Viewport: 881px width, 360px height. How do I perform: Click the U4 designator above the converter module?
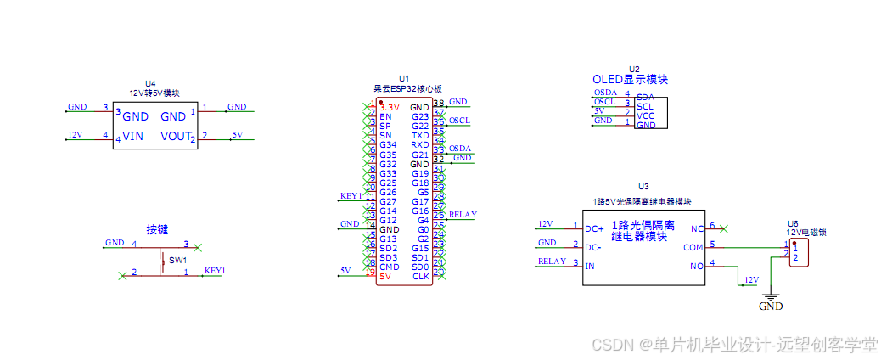(151, 83)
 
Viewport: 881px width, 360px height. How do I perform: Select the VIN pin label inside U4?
(133, 136)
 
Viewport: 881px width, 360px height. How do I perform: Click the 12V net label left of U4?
(75, 134)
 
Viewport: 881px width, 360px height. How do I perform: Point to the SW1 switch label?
(177, 260)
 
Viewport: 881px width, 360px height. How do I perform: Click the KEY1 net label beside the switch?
(215, 271)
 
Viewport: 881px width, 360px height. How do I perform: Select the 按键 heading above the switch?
(158, 229)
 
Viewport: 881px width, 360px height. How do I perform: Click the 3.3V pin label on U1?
(389, 108)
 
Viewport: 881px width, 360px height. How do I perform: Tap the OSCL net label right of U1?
(459, 121)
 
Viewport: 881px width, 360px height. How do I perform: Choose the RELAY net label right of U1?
(463, 215)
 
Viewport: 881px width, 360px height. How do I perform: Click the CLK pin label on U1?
(421, 276)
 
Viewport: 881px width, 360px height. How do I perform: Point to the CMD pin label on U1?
(389, 267)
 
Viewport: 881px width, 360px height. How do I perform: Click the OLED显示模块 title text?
(630, 80)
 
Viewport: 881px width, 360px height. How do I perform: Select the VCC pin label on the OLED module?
(645, 115)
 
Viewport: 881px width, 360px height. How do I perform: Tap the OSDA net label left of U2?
(605, 93)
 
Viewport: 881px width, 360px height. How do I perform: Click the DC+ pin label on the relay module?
(594, 228)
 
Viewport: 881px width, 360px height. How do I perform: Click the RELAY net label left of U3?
(552, 262)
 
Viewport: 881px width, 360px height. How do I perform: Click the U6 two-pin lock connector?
(797, 252)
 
